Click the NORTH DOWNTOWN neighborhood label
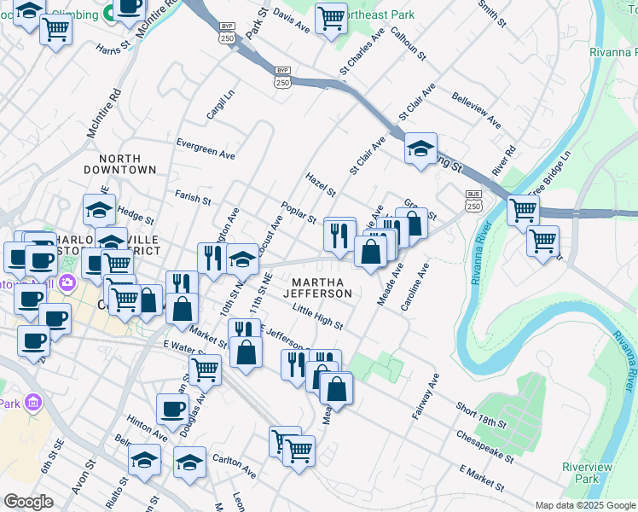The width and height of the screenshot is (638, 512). pos(127,164)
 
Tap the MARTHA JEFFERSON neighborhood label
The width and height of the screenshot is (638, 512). pos(322,288)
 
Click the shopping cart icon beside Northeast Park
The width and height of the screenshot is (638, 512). pos(331,18)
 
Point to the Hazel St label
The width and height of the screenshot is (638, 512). pos(321,182)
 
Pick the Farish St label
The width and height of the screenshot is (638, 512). pos(193,198)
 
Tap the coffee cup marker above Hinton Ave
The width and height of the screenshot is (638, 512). pos(172,408)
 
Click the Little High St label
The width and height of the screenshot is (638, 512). pos(316,317)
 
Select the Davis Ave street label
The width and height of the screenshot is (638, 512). pos(291,21)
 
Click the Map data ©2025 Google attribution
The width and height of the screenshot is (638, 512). pos(585,505)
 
